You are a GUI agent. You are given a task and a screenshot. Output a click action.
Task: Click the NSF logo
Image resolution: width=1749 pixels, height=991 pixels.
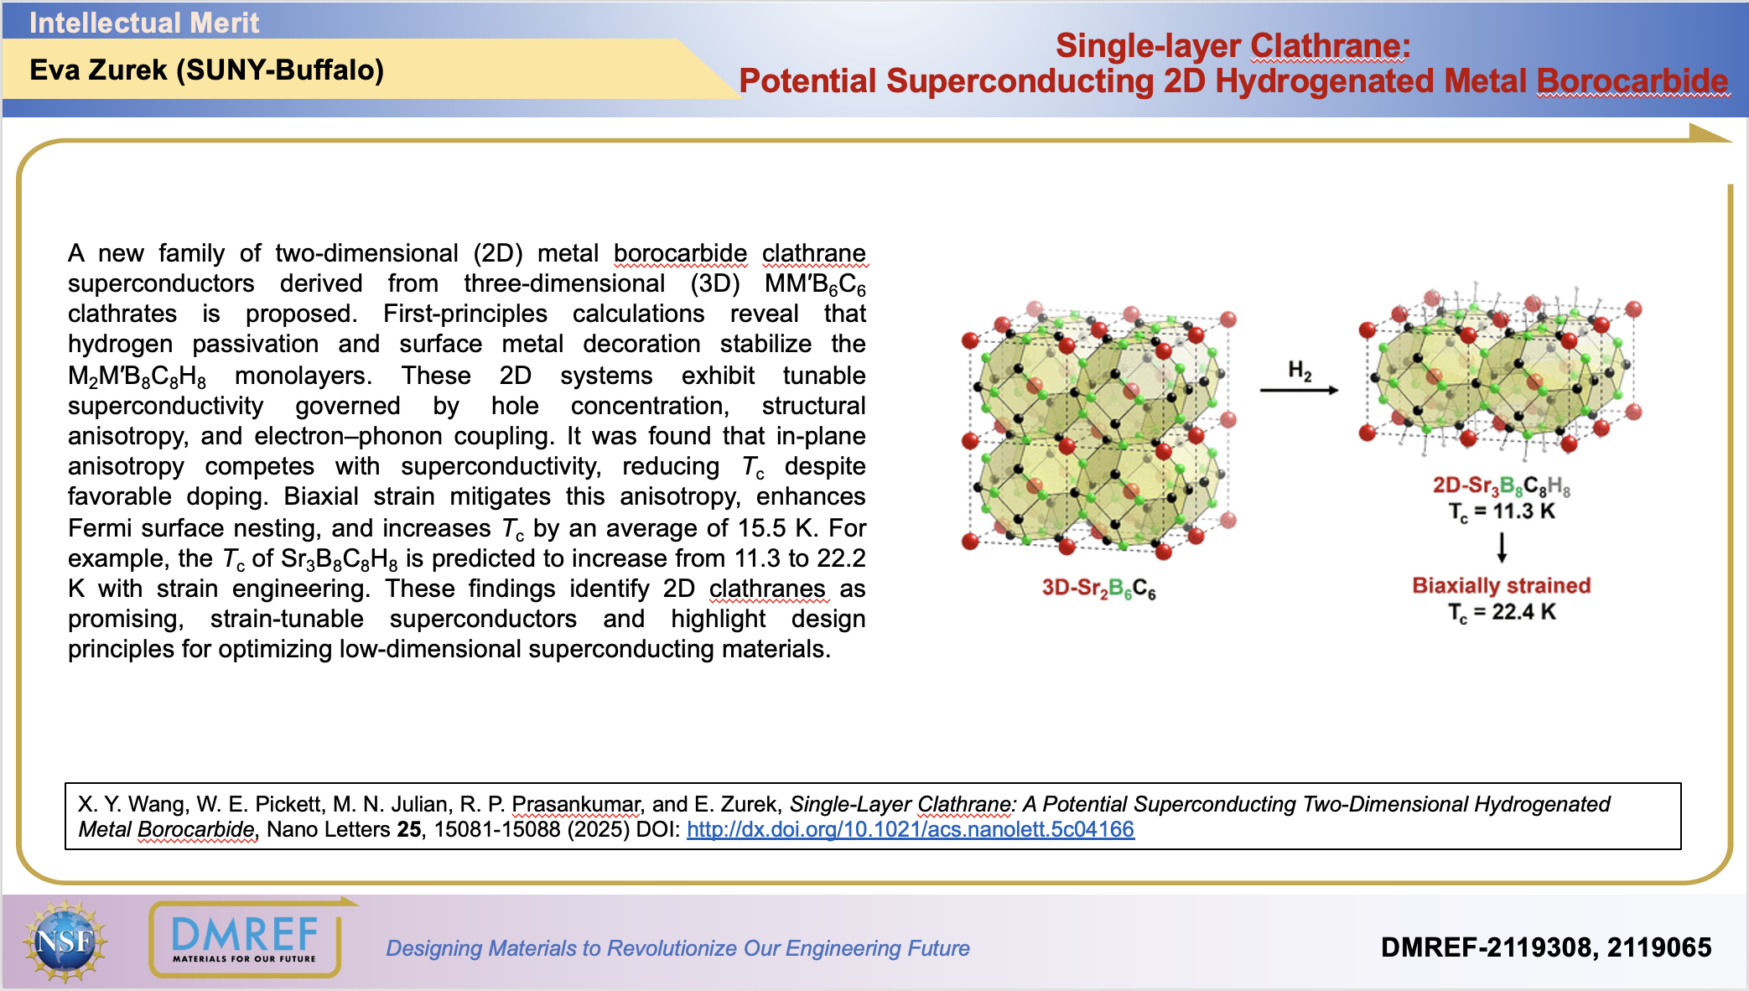tap(65, 941)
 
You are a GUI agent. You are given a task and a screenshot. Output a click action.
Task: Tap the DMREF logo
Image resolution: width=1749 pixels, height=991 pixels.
tap(245, 940)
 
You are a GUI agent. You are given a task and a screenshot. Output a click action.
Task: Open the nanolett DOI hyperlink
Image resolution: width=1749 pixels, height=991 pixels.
tap(910, 829)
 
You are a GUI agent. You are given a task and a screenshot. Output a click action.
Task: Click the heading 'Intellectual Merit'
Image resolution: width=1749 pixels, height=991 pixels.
tap(144, 23)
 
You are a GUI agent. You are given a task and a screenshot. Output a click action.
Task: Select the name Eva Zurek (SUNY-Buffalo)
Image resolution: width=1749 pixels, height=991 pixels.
tap(206, 70)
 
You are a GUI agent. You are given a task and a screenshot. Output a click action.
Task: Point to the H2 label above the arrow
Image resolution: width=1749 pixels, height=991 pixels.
tap(1300, 370)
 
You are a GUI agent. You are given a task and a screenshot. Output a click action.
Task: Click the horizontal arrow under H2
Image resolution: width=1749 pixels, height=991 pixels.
tap(1299, 390)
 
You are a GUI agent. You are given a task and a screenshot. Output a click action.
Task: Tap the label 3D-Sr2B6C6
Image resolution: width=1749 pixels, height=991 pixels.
tap(1098, 588)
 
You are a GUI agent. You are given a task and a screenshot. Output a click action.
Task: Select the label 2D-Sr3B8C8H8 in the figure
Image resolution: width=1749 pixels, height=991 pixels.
tap(1501, 485)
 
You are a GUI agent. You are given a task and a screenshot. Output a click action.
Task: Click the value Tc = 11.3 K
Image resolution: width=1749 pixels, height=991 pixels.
tap(1501, 511)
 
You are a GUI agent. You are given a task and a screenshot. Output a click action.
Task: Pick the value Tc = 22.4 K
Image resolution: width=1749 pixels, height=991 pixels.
tap(1501, 612)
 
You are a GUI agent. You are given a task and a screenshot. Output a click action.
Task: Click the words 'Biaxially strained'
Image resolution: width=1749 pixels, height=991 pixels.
tap(1501, 585)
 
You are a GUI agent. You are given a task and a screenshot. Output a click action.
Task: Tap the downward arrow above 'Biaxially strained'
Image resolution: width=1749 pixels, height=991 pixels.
tap(1502, 547)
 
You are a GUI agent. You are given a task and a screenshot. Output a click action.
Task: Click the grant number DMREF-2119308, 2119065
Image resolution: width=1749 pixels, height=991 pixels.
tap(1545, 947)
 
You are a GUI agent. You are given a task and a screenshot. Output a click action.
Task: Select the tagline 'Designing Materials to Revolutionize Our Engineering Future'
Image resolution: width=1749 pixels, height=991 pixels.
tap(677, 948)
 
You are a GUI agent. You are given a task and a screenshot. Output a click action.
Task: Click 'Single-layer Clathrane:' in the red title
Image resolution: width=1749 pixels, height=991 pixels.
tap(1233, 46)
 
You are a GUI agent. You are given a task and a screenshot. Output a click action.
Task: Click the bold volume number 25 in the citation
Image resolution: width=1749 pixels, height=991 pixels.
tap(409, 829)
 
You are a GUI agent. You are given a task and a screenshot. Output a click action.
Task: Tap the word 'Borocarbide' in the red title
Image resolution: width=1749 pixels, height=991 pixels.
tap(1632, 81)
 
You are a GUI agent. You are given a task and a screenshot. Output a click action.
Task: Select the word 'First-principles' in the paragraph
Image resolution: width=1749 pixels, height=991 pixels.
tap(465, 314)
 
